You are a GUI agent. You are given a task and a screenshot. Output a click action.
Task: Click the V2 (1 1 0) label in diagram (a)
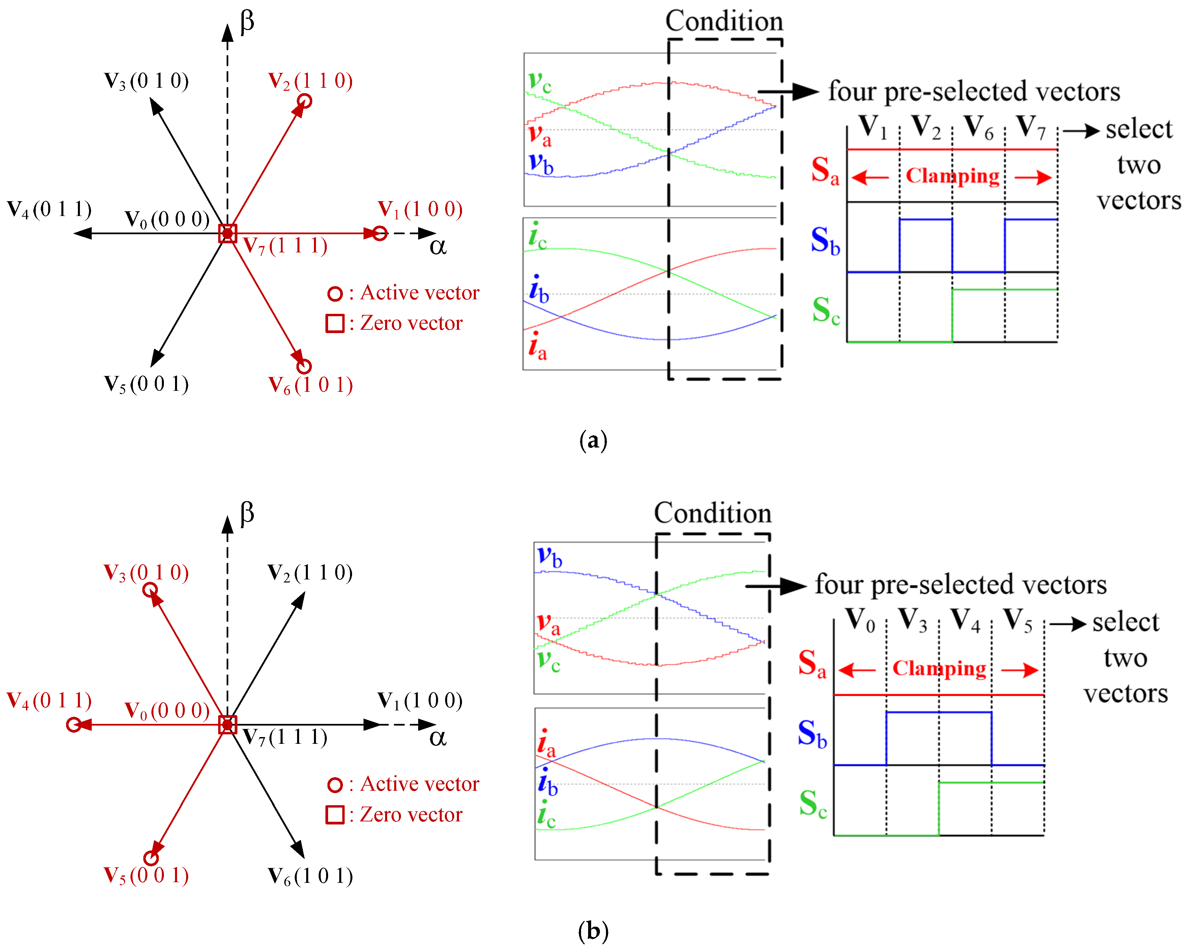click(x=310, y=81)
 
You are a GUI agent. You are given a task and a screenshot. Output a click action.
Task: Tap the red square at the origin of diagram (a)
click(x=227, y=233)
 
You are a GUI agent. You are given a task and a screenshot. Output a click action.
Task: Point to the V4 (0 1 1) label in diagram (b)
click(x=49, y=701)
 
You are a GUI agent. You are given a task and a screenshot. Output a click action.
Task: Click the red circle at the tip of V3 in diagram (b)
click(x=150, y=590)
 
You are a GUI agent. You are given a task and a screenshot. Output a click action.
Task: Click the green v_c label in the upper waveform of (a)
click(x=539, y=82)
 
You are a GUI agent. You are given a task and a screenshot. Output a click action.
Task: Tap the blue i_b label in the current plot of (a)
click(x=539, y=289)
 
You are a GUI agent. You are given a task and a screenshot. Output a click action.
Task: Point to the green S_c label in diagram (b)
click(x=813, y=804)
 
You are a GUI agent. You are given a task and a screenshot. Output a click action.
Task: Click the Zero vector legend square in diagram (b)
click(x=335, y=814)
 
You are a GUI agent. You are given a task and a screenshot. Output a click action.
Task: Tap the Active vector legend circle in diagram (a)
click(x=335, y=293)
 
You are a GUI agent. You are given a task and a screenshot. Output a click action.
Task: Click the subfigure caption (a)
click(x=593, y=440)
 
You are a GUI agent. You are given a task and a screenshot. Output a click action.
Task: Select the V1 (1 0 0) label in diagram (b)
click(x=419, y=701)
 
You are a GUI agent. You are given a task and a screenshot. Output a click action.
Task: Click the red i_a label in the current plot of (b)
click(x=546, y=743)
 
